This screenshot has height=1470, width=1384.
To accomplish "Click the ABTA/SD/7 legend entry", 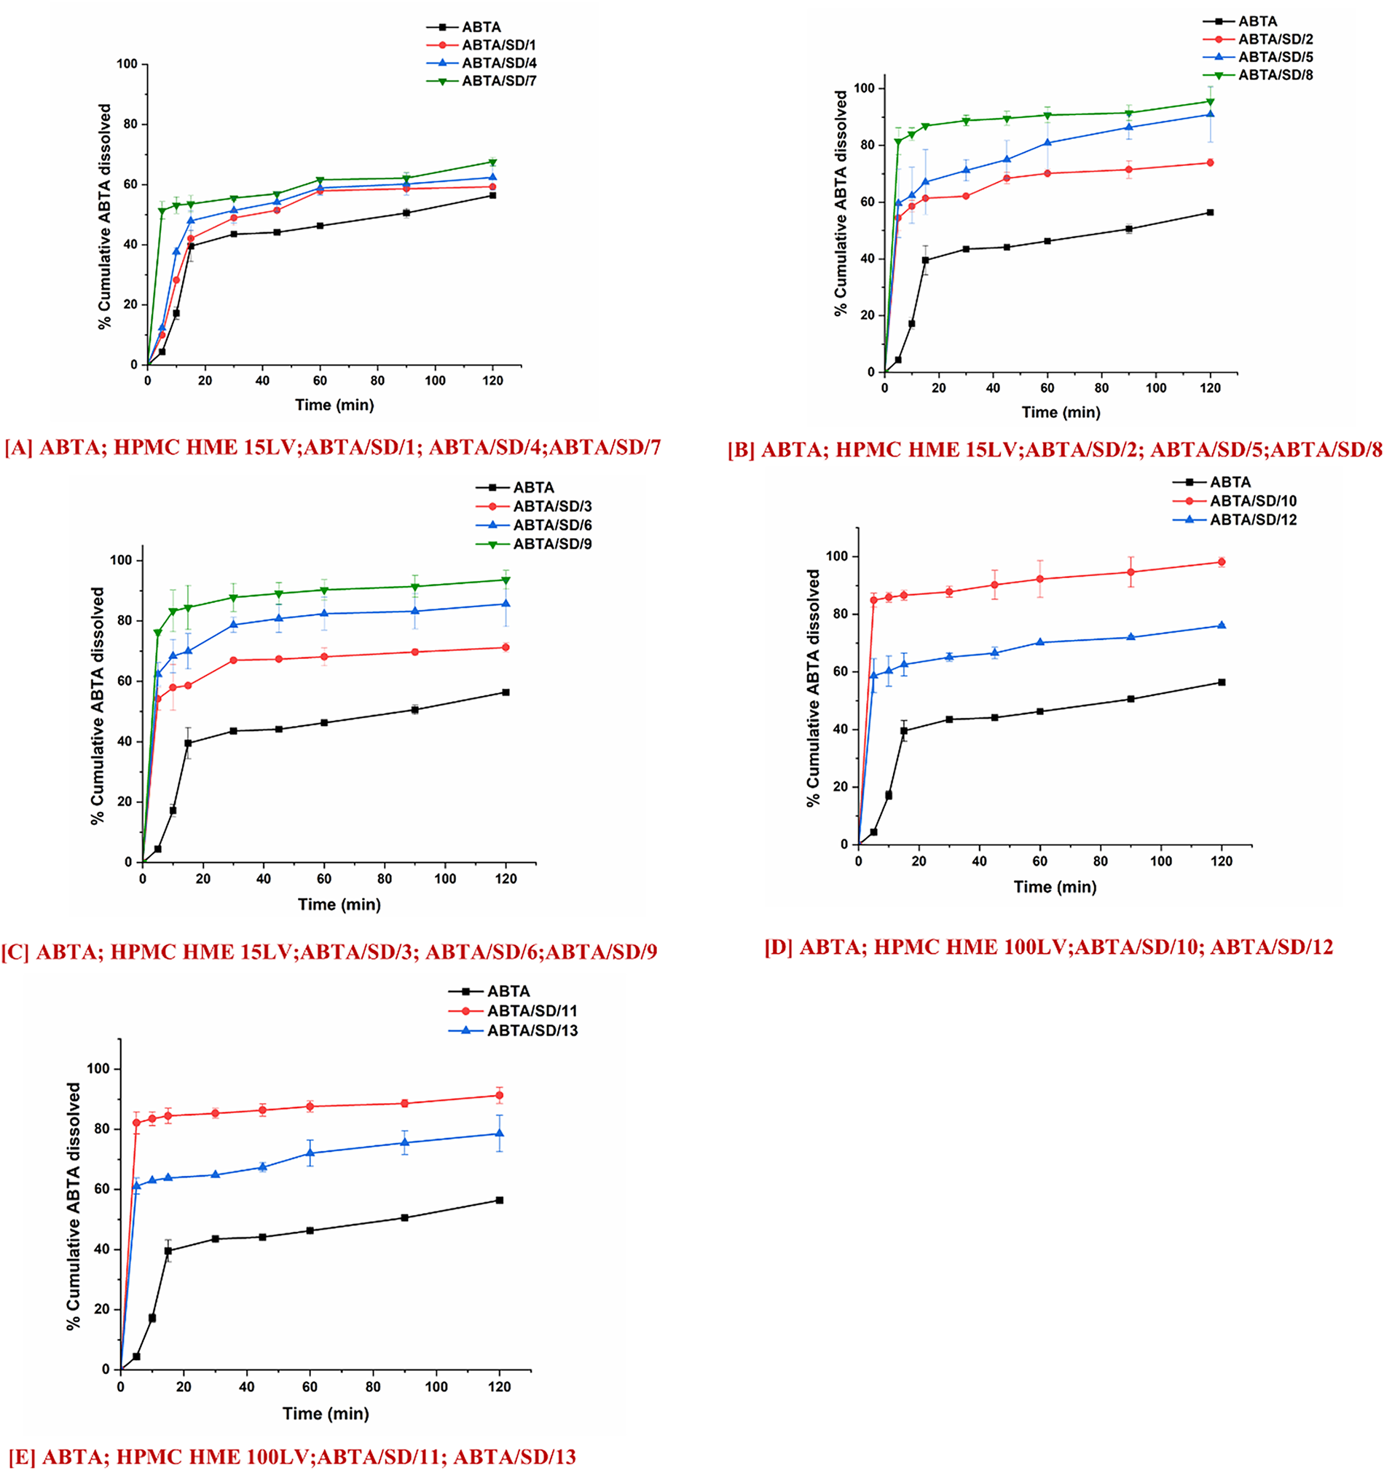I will (x=498, y=82).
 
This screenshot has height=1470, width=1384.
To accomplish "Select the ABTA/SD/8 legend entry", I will (x=1275, y=75).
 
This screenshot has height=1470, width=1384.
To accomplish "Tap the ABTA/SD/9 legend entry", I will (x=552, y=544).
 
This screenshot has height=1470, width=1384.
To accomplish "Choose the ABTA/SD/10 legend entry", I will (x=1253, y=502).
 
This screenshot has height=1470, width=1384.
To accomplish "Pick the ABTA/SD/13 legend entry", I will (x=532, y=1031).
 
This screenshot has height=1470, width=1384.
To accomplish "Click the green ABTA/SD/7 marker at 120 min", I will (x=492, y=162).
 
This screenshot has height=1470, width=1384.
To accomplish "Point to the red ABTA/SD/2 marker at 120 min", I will (x=1210, y=162).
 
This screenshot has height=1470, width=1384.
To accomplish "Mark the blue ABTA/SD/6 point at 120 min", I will (x=506, y=604).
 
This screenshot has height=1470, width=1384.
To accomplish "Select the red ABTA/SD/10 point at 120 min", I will (x=1222, y=562).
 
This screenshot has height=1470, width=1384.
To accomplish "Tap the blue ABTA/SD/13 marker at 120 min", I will (x=499, y=1134).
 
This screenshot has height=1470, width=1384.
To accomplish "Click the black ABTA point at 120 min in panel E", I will (x=499, y=1200).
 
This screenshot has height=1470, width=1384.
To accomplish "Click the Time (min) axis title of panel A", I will (x=334, y=406).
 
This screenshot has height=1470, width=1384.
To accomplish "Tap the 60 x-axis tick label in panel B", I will (x=1047, y=389).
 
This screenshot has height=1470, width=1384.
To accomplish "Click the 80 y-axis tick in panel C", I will (x=122, y=621).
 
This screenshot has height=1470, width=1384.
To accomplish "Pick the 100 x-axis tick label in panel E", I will (x=436, y=1386).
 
